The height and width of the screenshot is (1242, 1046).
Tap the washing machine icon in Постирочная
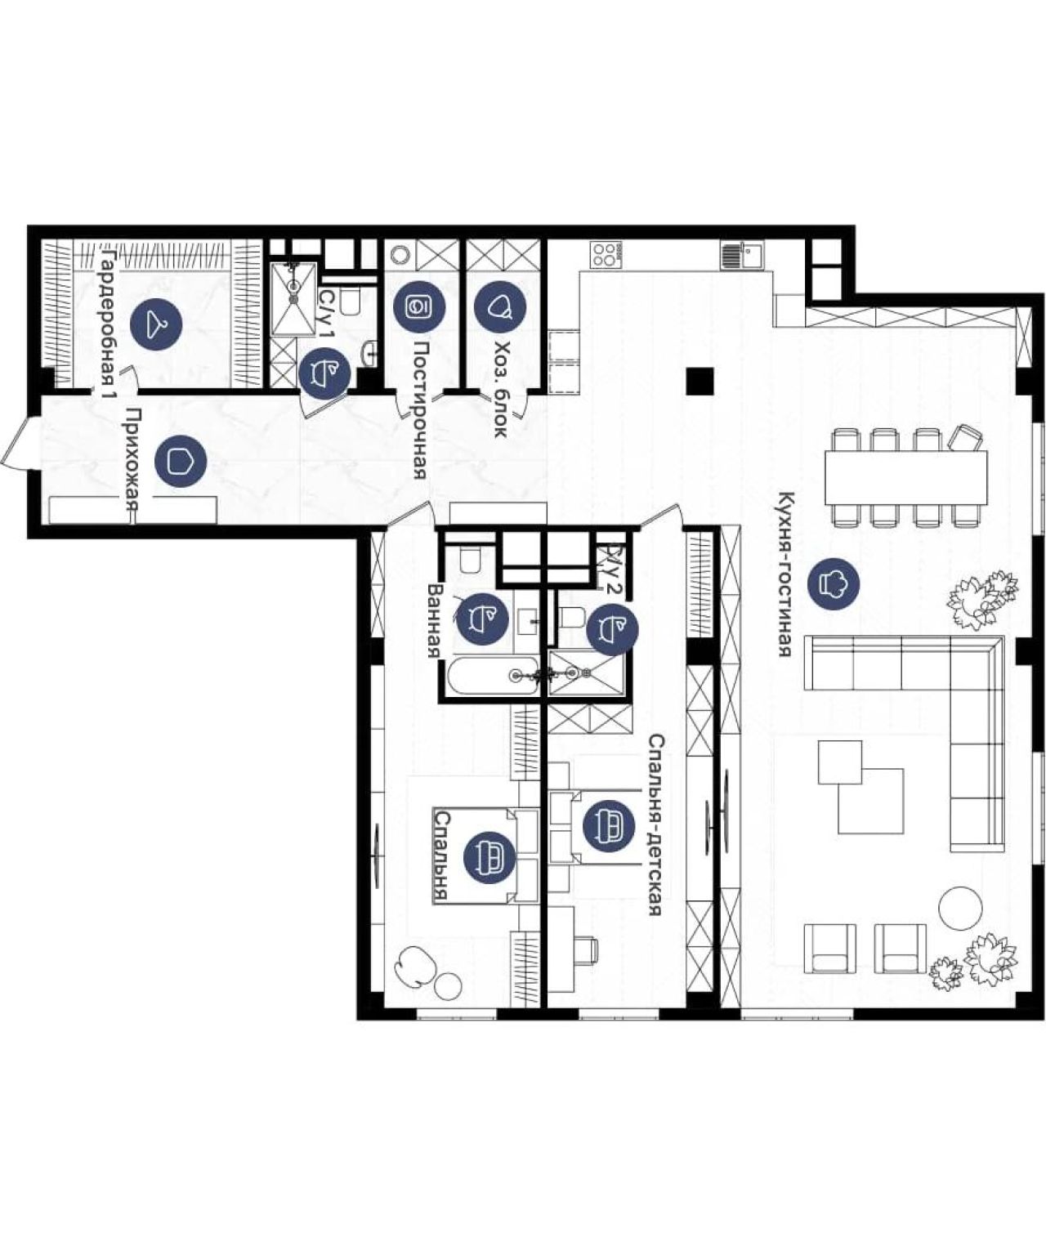point(419,307)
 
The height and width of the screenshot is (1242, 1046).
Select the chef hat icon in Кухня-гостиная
point(833,583)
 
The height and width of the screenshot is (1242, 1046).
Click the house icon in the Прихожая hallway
point(180,462)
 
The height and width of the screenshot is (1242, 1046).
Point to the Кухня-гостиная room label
point(786,574)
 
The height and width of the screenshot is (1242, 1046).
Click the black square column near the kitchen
point(700,382)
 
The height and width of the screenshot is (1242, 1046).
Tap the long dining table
point(905,476)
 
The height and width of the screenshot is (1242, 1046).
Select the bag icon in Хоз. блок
point(500,307)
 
